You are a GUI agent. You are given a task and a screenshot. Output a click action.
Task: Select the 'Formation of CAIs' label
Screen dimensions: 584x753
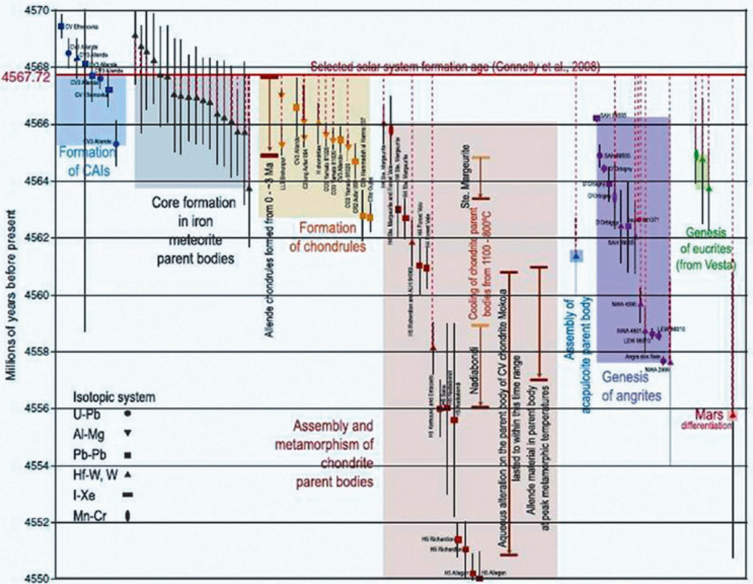pyautogui.click(x=87, y=161)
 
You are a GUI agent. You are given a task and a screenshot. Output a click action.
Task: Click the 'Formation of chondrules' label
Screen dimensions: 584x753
pyautogui.click(x=327, y=237)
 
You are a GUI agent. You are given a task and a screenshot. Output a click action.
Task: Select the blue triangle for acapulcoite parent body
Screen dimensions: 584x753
pyautogui.click(x=576, y=256)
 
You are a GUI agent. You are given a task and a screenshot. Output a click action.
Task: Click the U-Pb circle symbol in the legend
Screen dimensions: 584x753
pyautogui.click(x=128, y=414)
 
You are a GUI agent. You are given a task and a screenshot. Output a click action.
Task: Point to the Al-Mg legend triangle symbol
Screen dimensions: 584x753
pyautogui.click(x=128, y=433)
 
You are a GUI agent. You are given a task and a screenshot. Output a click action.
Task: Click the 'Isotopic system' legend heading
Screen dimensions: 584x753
pyautogui.click(x=114, y=397)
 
